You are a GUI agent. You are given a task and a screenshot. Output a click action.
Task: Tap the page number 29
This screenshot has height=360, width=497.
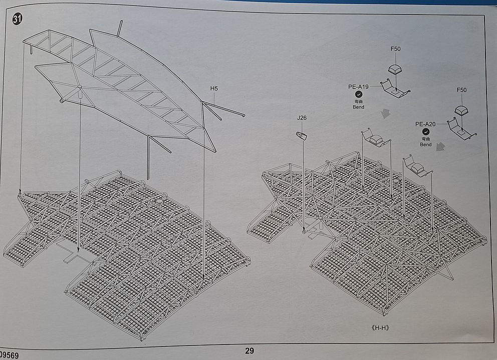249,351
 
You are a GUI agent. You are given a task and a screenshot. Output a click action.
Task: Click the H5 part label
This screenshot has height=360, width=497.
214,89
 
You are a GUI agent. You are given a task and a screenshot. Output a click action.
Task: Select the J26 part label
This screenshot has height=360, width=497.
302,118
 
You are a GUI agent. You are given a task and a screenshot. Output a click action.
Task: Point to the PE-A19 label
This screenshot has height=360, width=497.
358,87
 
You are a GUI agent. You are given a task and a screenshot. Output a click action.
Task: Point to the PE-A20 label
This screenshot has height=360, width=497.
425,124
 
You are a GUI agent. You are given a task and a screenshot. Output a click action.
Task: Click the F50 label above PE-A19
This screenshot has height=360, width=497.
395,49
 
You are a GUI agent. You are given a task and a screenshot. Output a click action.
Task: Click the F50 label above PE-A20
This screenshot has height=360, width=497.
461,90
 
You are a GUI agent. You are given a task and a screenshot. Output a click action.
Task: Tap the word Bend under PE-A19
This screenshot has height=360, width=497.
358,107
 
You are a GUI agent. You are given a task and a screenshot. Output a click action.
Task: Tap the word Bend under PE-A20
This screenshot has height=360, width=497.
425,145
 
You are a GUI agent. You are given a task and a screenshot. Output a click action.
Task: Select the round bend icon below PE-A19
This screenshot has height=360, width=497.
358,94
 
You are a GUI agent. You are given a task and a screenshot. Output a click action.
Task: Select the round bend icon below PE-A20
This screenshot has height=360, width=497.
425,132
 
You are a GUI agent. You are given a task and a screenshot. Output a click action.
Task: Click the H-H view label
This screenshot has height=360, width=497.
380,328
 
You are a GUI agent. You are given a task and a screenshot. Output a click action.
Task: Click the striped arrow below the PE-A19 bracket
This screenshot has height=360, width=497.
385,114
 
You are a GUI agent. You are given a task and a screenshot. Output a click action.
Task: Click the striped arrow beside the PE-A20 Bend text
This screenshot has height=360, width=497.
441,146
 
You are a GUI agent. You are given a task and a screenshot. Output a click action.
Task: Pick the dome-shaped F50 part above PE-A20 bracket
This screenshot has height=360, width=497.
462,111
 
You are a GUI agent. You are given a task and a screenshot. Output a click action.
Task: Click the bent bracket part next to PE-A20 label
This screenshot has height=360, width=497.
461,129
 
